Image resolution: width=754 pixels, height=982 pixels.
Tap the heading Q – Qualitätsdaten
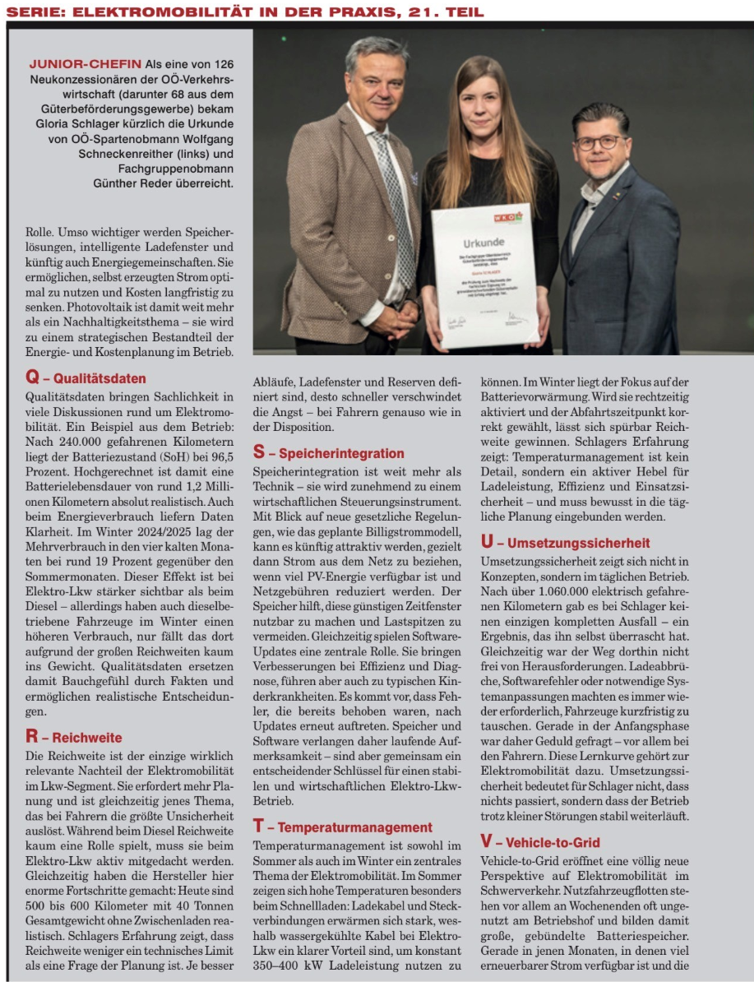pos(86,378)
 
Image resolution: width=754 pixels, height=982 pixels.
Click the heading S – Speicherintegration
pos(328,452)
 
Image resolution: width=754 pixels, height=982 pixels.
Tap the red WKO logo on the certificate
pos(507,218)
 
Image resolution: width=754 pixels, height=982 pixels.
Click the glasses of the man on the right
pos(599,142)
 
